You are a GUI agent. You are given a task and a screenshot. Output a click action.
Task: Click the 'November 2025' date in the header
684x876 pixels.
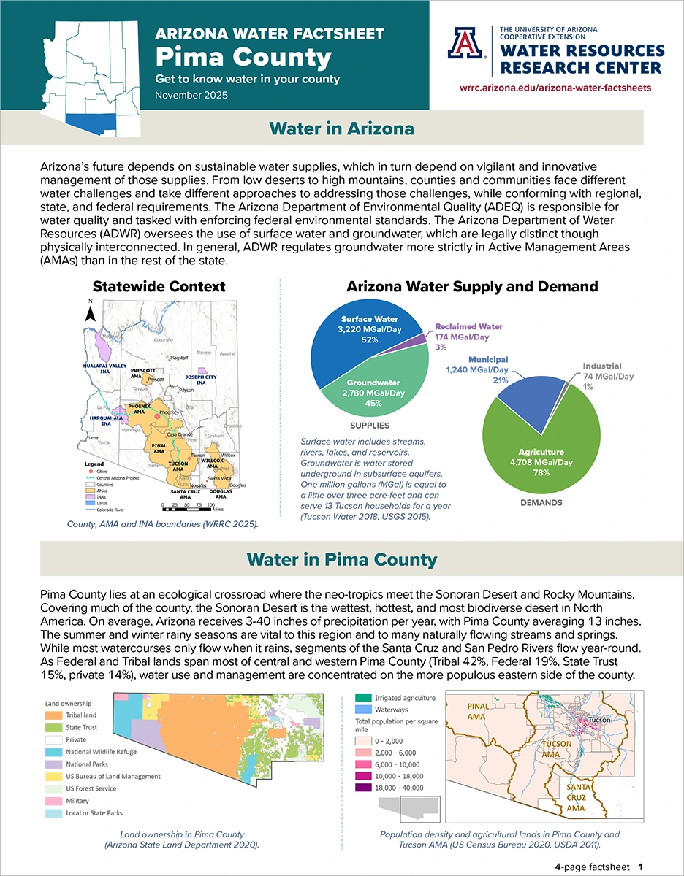click(x=191, y=95)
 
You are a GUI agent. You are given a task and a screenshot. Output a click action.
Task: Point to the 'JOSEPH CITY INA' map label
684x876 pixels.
click(x=200, y=380)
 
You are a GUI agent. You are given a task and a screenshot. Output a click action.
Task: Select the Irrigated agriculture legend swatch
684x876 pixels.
click(x=360, y=698)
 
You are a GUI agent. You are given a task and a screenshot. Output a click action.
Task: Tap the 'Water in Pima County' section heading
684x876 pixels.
click(x=342, y=560)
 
